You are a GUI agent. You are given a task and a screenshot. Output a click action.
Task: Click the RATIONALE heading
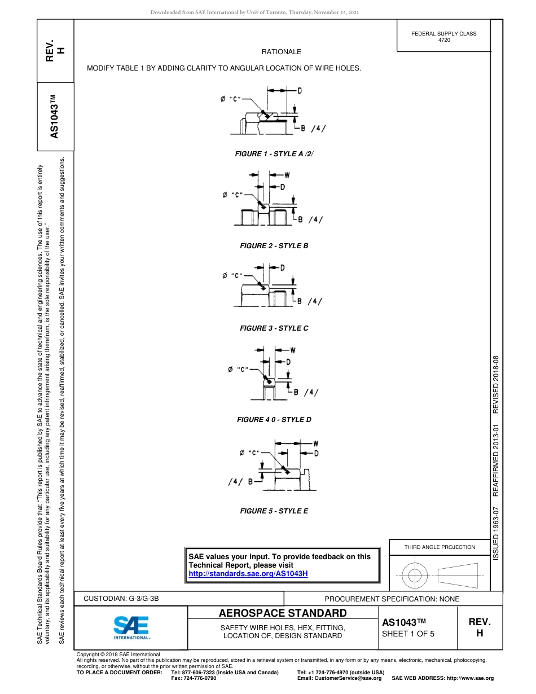[x=282, y=52]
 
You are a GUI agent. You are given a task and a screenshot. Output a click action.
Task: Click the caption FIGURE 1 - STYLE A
[x=274, y=154]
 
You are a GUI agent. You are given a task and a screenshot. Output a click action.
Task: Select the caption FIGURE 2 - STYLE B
[x=274, y=246]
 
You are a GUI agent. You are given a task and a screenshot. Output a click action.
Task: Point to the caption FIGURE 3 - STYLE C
[x=274, y=328]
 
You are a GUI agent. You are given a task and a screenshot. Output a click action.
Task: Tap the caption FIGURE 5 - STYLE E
[x=274, y=511]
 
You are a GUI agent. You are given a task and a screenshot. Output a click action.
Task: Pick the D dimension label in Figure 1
[x=298, y=90]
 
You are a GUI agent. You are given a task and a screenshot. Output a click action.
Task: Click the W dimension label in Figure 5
[x=315, y=443]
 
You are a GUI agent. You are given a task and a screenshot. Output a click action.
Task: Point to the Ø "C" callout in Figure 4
[x=238, y=370]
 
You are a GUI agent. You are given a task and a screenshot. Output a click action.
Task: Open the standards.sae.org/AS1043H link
[x=248, y=574]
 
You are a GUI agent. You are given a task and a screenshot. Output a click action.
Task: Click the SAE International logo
[x=131, y=627]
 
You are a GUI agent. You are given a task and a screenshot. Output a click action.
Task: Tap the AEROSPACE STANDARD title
[x=283, y=613]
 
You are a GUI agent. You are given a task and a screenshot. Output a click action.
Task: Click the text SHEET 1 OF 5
[x=408, y=634]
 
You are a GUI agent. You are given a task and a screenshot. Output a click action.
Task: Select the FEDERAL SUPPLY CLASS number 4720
[x=444, y=40]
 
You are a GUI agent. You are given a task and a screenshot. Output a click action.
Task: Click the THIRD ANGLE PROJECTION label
[x=440, y=547]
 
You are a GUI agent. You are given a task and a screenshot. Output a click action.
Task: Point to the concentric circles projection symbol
[x=415, y=575]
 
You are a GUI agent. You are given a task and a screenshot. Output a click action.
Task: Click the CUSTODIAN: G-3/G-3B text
[x=125, y=599]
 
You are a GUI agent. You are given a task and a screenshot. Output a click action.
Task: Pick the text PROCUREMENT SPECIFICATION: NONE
[x=392, y=599]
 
